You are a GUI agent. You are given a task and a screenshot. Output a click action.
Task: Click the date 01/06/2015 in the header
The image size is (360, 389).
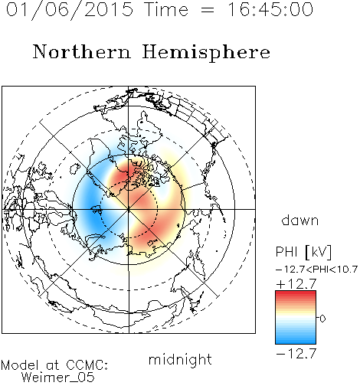pos(70,10)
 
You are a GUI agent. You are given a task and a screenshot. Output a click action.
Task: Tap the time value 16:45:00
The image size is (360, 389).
pos(270,9)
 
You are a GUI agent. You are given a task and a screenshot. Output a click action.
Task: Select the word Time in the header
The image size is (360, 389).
pos(166,9)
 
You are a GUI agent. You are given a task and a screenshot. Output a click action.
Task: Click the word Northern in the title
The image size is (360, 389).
pos(82,51)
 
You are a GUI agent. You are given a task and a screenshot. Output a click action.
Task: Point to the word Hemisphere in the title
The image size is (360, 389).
pos(206,53)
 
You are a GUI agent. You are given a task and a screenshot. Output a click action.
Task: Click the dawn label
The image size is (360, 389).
pos(300,220)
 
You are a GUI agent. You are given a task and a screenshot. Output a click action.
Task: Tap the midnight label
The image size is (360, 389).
pos(180,360)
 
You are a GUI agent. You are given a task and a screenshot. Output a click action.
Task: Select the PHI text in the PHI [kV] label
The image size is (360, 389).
pos(286,252)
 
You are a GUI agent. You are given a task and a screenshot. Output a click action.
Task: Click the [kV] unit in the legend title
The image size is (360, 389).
pos(318,252)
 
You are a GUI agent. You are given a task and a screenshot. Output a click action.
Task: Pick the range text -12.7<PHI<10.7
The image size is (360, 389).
pos(316,270)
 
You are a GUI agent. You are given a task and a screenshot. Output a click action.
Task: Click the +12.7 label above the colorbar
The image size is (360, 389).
pos(296,284)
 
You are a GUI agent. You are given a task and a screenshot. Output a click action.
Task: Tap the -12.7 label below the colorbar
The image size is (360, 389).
pos(296,354)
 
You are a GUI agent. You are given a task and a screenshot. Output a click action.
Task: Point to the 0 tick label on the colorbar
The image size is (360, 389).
pos(322,319)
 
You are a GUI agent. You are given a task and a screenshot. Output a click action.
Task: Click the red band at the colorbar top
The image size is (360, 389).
pos(296,294)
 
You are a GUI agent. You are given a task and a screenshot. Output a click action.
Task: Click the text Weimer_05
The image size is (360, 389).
pos(58,378)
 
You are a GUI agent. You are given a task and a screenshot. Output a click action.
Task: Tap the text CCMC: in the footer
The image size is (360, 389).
pos(87,365)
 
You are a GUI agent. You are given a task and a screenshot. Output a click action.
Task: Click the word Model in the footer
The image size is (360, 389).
pos(20,365)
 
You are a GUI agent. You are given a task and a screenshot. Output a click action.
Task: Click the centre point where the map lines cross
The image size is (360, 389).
pos(129,209)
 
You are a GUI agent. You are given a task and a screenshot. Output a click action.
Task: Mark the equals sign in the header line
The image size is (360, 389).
pos(208,10)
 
